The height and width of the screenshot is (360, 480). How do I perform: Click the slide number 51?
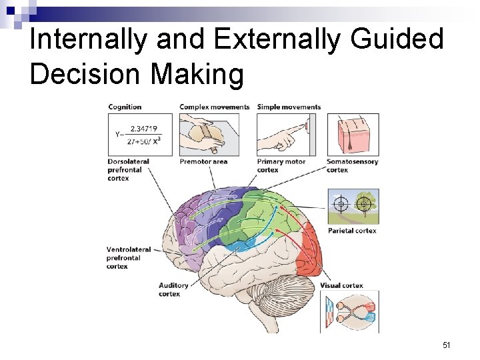[447, 345]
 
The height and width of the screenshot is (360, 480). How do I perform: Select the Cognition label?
[125, 107]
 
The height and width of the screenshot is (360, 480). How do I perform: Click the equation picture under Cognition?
[140, 135]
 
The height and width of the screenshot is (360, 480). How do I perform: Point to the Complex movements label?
[215, 107]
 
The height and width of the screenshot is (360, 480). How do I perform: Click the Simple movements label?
[289, 107]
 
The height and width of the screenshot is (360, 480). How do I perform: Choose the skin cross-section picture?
[353, 135]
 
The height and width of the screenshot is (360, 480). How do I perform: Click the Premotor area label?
[203, 161]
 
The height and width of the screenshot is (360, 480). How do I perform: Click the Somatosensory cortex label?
[352, 165]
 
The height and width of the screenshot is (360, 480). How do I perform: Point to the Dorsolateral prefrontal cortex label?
[128, 169]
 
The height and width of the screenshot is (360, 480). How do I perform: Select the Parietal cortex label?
[351, 231]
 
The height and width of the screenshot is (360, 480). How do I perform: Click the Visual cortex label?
[341, 285]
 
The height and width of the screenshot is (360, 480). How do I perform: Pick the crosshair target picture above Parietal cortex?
[353, 205]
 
